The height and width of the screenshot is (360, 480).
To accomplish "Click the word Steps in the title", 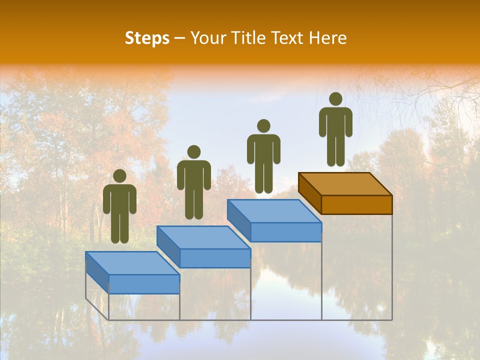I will click(x=147, y=38).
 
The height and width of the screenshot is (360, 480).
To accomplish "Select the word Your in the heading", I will click(x=205, y=38).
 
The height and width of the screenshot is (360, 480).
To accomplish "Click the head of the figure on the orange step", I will click(x=335, y=99).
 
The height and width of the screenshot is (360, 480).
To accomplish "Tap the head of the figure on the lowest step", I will click(x=119, y=176).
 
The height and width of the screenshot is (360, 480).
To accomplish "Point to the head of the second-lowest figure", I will click(x=193, y=152).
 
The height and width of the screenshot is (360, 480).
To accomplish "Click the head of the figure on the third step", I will click(x=263, y=126).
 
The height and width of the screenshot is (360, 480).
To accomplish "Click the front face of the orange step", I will click(x=356, y=204).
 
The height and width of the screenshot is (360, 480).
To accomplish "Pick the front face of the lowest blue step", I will click(x=144, y=284).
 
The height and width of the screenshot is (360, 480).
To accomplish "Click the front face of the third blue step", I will click(x=286, y=232).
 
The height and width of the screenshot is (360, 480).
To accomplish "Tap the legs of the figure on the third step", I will click(x=263, y=177).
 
